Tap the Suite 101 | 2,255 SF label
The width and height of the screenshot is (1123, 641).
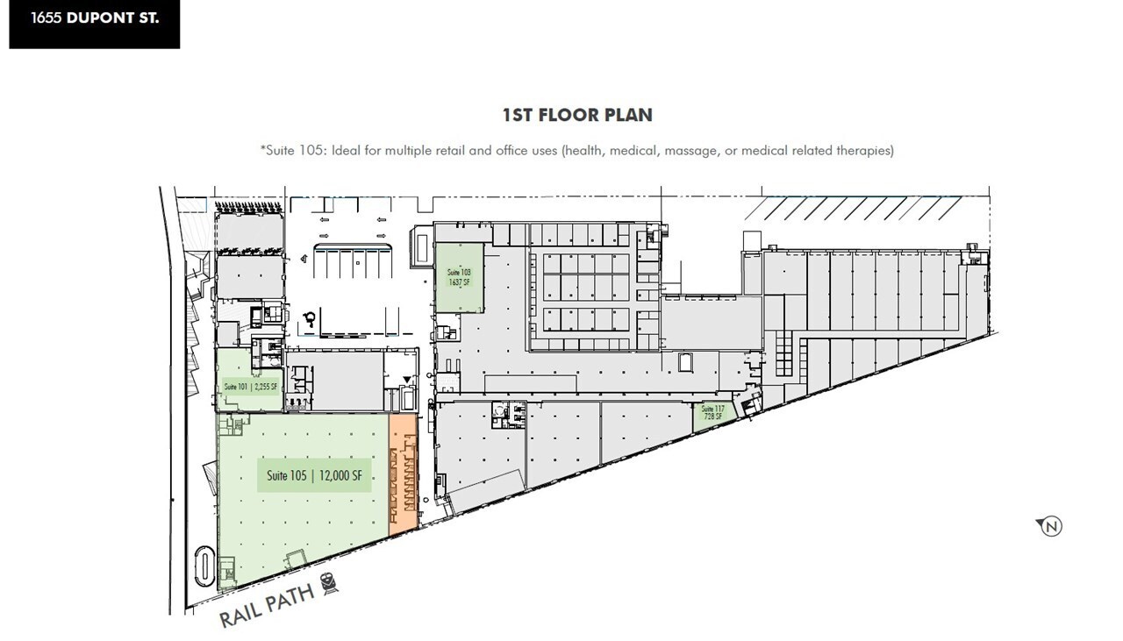(250, 387)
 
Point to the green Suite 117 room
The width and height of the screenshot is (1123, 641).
(712, 416)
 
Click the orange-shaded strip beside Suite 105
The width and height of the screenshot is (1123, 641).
(402, 474)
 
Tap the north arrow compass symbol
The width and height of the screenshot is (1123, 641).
(1050, 526)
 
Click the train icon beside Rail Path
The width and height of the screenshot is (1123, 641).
(330, 582)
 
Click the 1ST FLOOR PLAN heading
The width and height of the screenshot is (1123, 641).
(576, 115)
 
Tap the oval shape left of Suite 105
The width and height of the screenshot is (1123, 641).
(203, 568)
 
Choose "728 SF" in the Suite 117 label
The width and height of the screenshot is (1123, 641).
(712, 417)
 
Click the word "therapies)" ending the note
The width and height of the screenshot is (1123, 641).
(863, 151)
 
